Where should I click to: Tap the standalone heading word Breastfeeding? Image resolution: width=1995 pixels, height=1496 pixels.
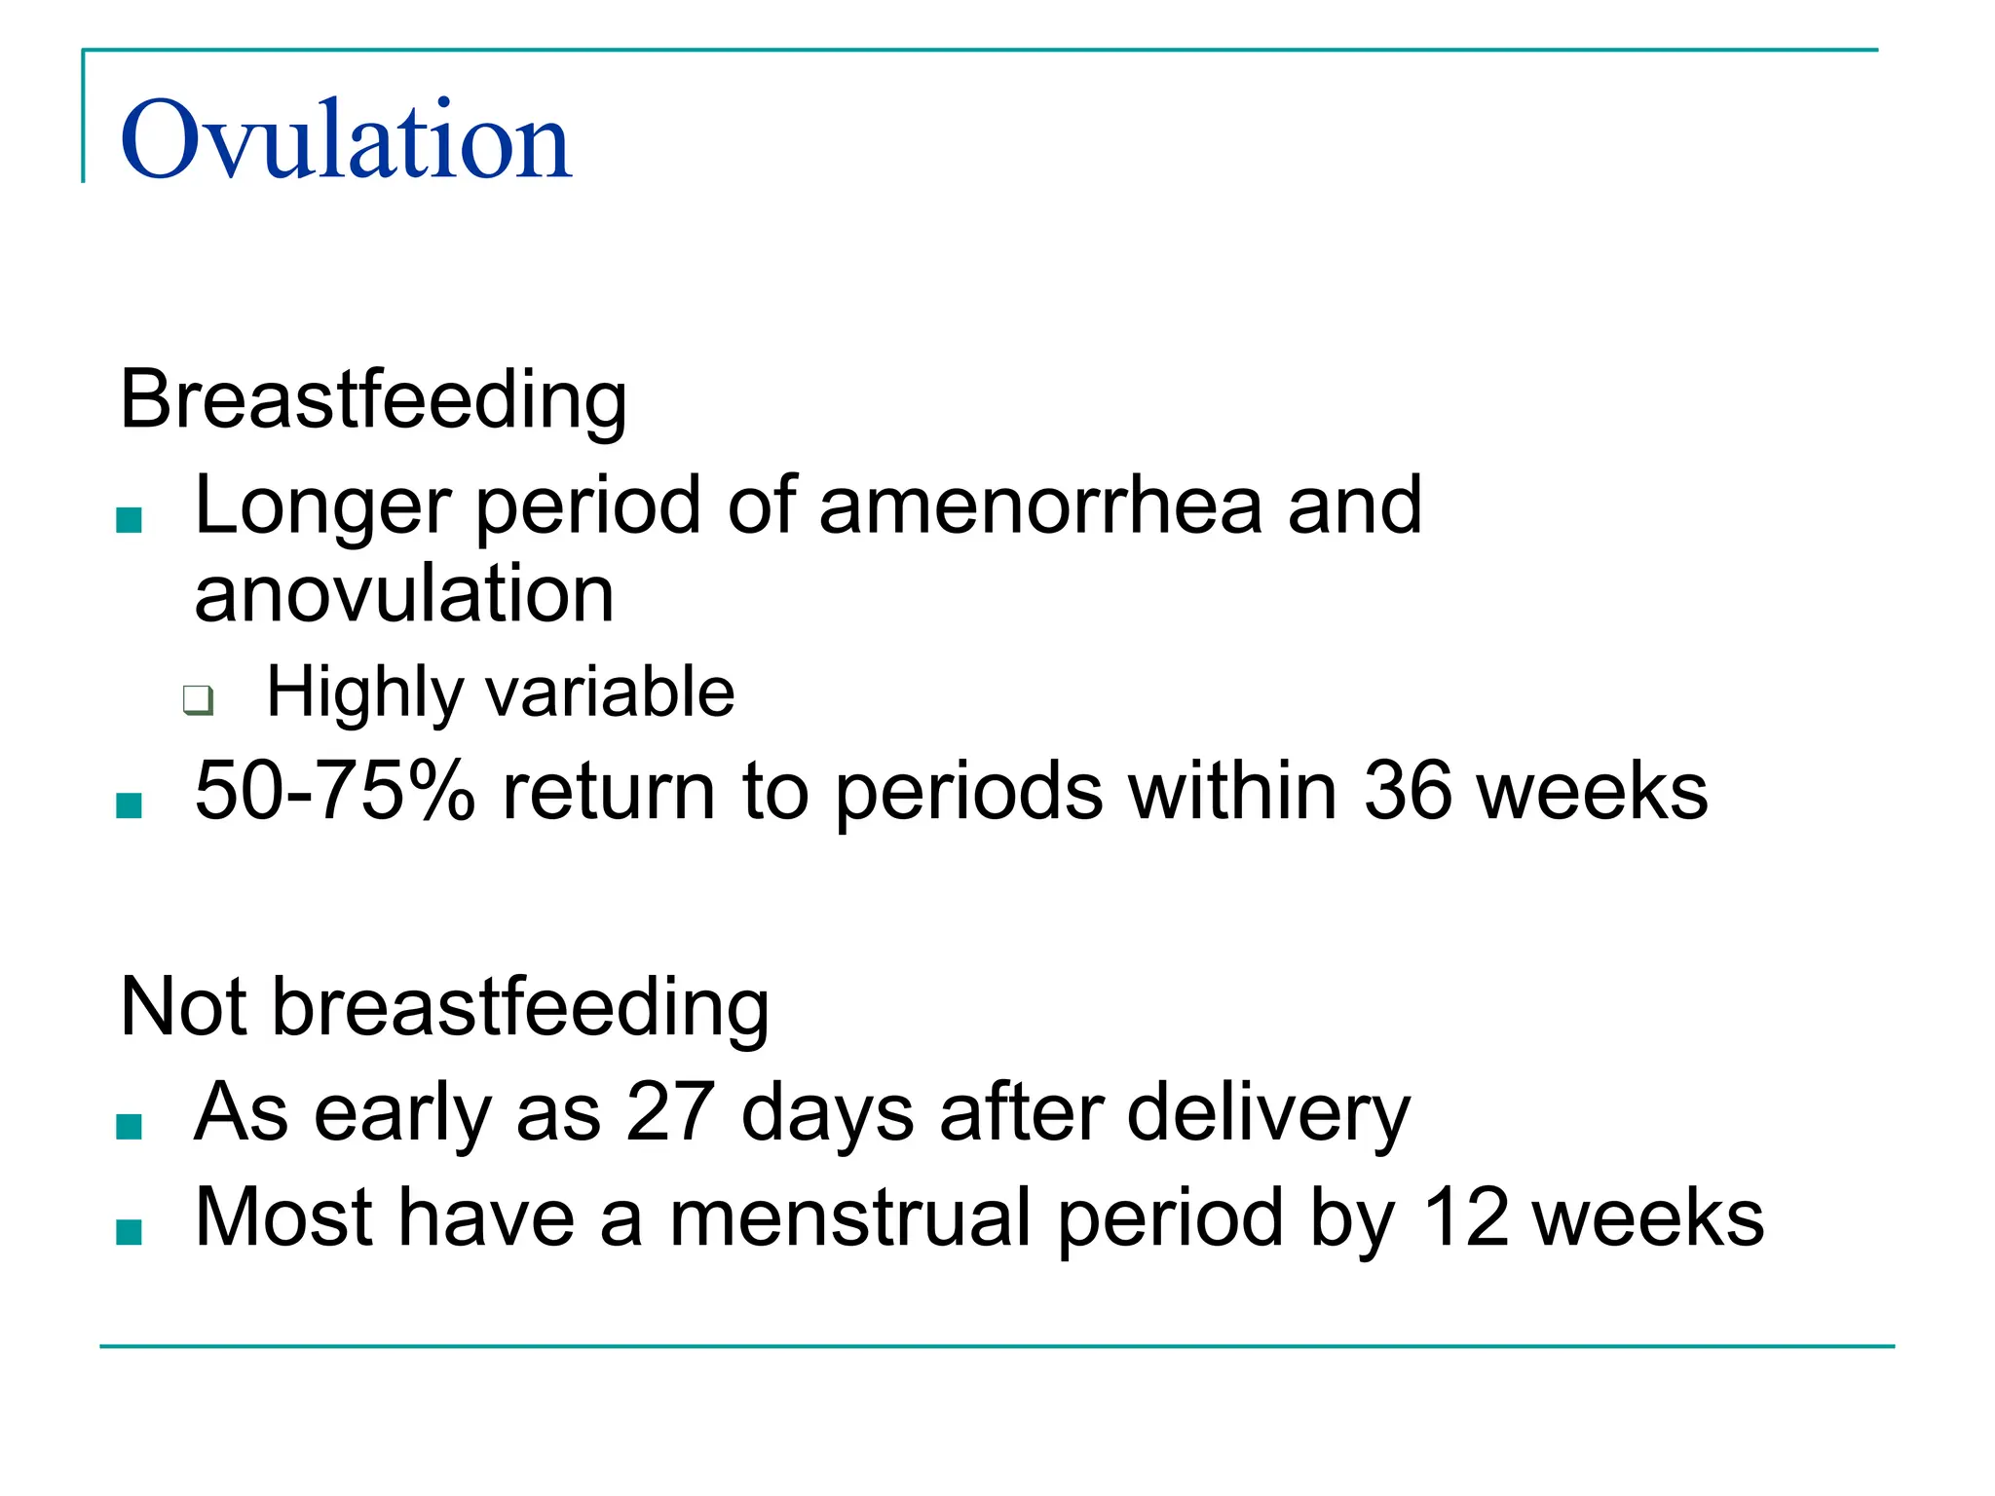pyautogui.click(x=373, y=398)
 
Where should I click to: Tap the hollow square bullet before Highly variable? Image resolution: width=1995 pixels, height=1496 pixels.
pyautogui.click(x=198, y=699)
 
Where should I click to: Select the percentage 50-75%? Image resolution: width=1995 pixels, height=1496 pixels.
pyautogui.click(x=334, y=790)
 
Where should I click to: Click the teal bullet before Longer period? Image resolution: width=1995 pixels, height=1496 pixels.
pyautogui.click(x=129, y=520)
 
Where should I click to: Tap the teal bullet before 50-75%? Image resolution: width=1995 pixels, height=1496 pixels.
pyautogui.click(x=129, y=805)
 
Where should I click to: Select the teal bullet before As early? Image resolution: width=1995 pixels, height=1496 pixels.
pyautogui.click(x=129, y=1127)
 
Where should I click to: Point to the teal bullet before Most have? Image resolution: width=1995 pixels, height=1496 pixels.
pyautogui.click(x=129, y=1232)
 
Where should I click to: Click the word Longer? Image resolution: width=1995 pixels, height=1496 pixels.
pyautogui.click(x=322, y=506)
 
